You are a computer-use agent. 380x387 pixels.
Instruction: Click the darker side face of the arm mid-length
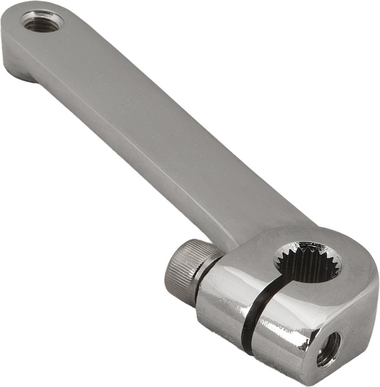[x=117, y=153]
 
